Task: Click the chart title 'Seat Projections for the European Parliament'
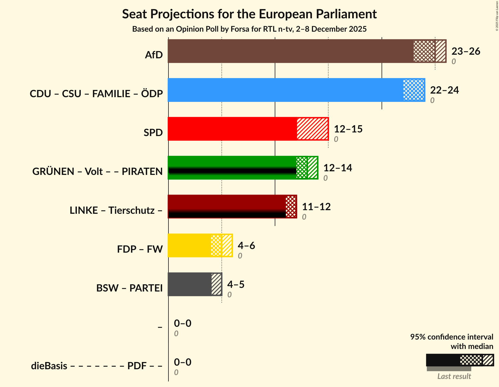tap(249, 14)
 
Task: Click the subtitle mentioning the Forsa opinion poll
tap(249, 29)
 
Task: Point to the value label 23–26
tap(466, 51)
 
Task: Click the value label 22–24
tap(444, 90)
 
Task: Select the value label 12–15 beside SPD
tap(348, 129)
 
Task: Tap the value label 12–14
tap(337, 168)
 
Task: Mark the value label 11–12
tap(316, 207)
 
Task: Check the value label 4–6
tap(246, 246)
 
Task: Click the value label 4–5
tap(236, 285)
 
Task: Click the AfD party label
tap(154, 55)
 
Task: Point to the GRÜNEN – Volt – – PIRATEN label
tap(97, 172)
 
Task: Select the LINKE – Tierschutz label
tap(116, 210)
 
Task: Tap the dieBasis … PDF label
tap(96, 366)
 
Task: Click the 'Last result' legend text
tap(454, 376)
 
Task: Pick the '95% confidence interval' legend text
tap(452, 337)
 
